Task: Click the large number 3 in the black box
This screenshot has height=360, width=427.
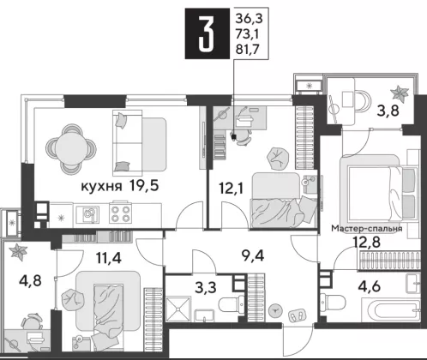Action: click(207, 33)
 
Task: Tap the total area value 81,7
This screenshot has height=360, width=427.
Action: click(247, 50)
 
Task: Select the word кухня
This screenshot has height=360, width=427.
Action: click(102, 187)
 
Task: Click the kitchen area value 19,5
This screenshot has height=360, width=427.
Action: click(144, 186)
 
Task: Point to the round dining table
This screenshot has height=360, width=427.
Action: click(71, 149)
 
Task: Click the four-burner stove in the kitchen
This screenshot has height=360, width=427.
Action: click(120, 214)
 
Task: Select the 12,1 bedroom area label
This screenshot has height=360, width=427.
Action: click(232, 188)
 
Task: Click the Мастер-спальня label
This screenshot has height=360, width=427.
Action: click(367, 229)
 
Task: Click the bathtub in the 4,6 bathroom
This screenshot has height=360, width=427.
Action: click(390, 309)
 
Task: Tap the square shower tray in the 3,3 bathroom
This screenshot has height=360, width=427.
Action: click(178, 309)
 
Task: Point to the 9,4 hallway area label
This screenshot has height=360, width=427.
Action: click(253, 255)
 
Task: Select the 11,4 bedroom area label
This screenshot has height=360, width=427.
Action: click(109, 258)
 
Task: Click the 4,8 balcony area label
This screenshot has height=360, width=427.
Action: click(30, 281)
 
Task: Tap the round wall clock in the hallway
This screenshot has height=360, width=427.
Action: click(275, 310)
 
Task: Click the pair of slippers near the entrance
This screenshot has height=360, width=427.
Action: click(297, 315)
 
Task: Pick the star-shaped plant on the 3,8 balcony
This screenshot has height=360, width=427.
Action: click(400, 93)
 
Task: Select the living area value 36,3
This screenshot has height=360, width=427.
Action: click(249, 19)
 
